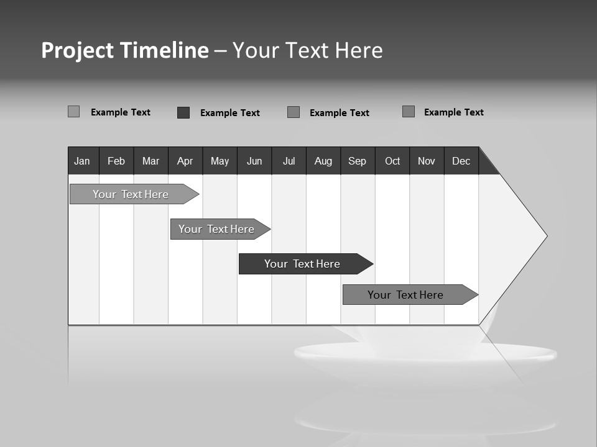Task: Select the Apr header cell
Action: click(185, 161)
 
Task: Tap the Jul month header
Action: click(289, 161)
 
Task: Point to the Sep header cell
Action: click(358, 161)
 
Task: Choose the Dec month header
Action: click(461, 161)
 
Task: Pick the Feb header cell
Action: click(116, 161)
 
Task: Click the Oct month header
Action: click(392, 161)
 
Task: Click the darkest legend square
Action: click(183, 112)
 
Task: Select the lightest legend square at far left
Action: click(73, 112)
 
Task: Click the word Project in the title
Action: click(78, 50)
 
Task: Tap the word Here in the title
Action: click(359, 50)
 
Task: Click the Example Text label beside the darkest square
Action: click(229, 113)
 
